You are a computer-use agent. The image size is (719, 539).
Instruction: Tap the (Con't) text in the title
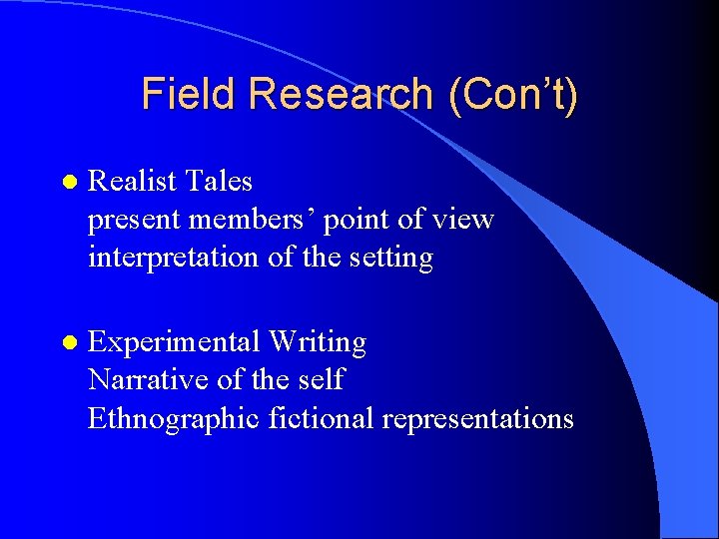pos(513,94)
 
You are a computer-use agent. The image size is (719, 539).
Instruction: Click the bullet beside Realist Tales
pos(68,182)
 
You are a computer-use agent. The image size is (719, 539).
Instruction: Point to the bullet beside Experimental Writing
pos(68,342)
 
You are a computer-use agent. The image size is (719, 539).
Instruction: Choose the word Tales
pos(219,181)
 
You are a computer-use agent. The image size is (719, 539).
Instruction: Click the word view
pos(463,220)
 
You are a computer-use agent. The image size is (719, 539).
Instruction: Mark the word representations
pos(477,418)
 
